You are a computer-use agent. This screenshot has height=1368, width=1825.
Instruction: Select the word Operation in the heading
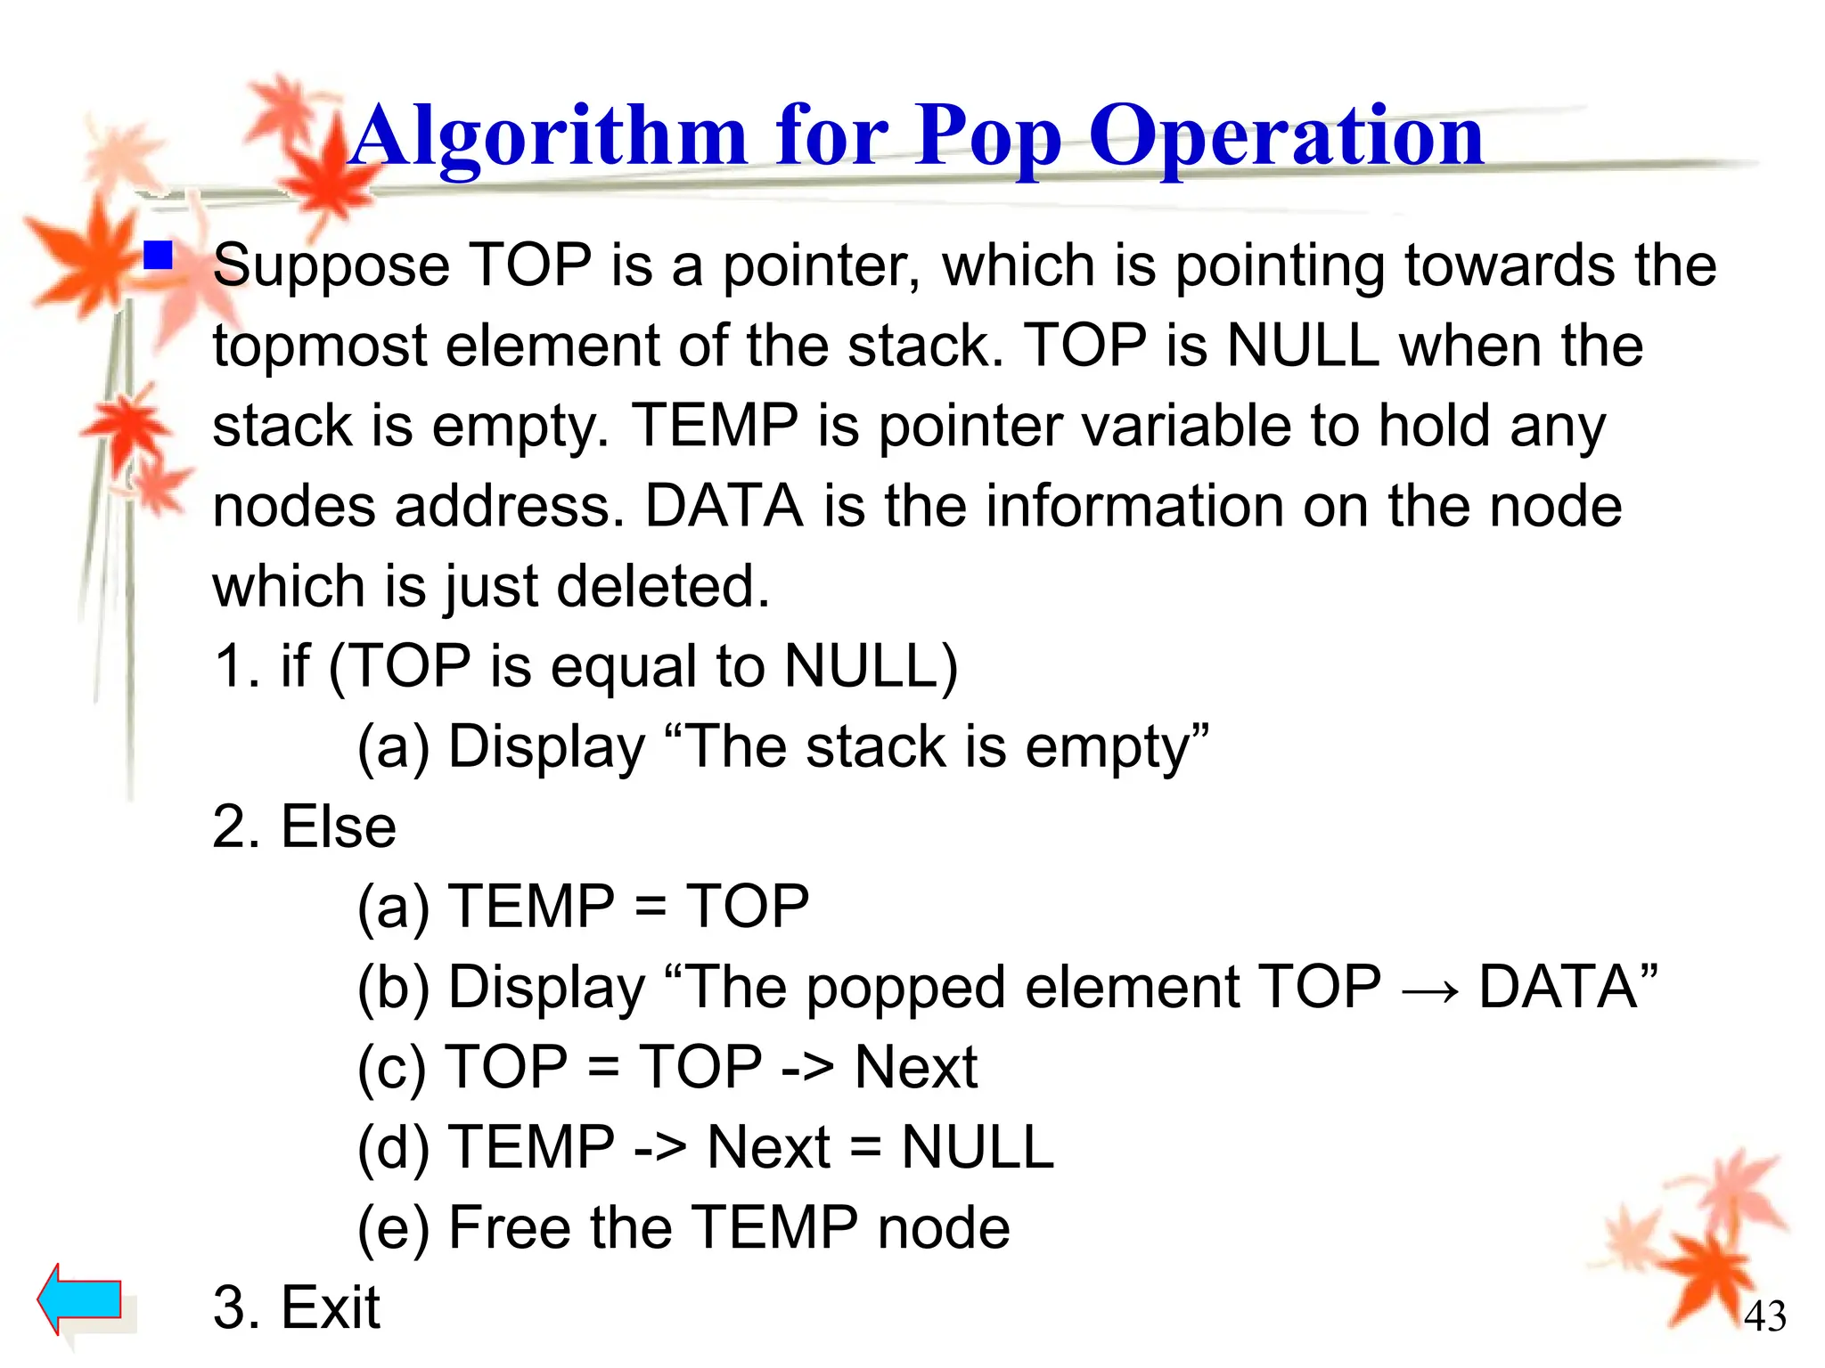pyautogui.click(x=1286, y=137)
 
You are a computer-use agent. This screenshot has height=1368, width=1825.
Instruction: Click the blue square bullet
pyautogui.click(x=159, y=256)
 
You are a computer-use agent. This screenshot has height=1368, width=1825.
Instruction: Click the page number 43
pyautogui.click(x=1764, y=1316)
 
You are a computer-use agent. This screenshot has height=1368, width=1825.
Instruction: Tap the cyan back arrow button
pyautogui.click(x=79, y=1299)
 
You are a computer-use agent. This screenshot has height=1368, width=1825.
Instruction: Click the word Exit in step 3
pyautogui.click(x=331, y=1307)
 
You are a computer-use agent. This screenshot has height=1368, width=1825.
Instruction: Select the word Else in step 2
pyautogui.click(x=339, y=826)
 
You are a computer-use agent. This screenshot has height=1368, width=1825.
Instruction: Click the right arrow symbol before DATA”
pyautogui.click(x=1430, y=989)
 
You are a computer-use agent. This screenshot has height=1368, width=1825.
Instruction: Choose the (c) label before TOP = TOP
pyautogui.click(x=393, y=1067)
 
